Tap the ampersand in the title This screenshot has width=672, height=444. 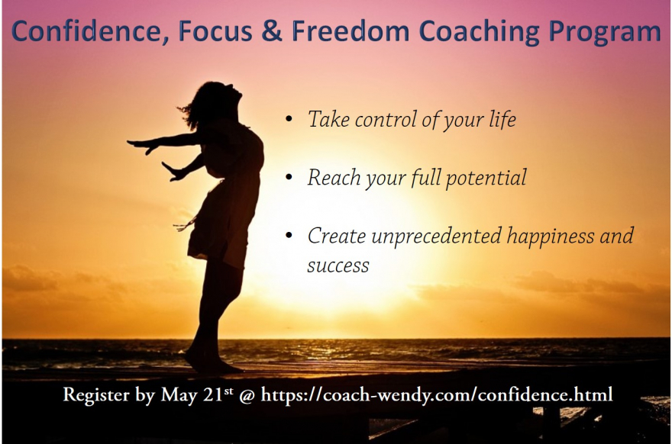click(x=272, y=31)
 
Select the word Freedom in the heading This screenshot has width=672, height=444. click(x=351, y=31)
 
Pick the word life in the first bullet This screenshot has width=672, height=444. click(x=502, y=118)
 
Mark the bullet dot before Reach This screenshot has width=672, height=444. click(x=289, y=177)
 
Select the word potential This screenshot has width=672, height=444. click(x=486, y=178)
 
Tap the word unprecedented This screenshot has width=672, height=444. click(x=437, y=236)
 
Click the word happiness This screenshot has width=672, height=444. click(x=551, y=236)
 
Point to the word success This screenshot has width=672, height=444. click(x=338, y=265)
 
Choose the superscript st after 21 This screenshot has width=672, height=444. click(x=228, y=390)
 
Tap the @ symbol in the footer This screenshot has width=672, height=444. click(x=247, y=395)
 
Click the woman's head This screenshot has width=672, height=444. click(x=216, y=101)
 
